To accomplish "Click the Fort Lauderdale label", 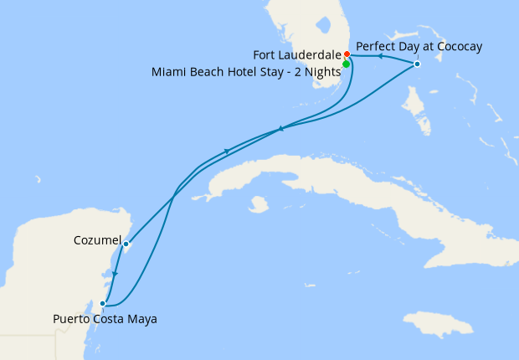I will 297,54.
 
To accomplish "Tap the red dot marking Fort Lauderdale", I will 347,55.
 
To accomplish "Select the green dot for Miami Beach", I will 346,64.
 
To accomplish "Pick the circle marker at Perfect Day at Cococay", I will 417,64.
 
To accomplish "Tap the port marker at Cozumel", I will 126,244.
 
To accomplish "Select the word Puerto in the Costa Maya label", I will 71,319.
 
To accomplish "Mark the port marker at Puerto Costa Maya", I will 103,304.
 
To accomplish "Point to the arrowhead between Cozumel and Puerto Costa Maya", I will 115,274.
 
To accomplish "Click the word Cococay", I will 455,46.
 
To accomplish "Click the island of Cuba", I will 335,180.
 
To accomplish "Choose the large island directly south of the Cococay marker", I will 416,113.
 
